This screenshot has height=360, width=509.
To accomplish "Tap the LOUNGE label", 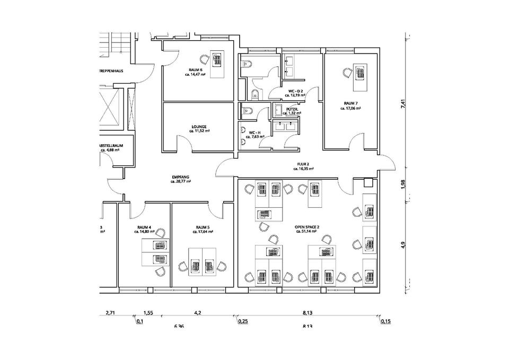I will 199,127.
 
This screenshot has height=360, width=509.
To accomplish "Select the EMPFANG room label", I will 181,177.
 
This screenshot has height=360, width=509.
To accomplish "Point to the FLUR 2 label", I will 303,165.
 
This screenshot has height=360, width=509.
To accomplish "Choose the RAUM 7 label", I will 350,103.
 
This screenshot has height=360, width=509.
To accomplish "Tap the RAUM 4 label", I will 144,227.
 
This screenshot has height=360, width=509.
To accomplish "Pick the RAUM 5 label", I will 201,227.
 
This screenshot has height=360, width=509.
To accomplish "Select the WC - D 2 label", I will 295,91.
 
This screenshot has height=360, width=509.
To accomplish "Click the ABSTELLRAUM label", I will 110,145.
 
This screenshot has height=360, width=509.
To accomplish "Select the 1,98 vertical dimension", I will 403,183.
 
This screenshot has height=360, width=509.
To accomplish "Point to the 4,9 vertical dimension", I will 403,245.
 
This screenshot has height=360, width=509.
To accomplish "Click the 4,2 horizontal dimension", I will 198,313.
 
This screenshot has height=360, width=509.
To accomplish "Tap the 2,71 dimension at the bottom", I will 110,313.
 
